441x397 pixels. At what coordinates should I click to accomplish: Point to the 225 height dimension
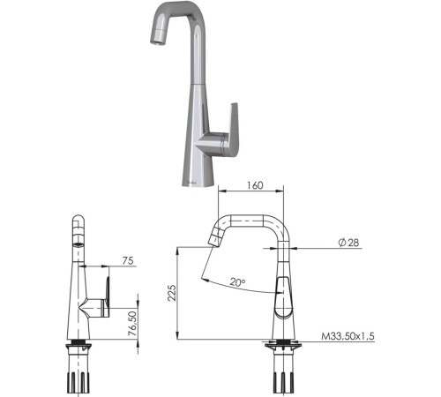[171, 291]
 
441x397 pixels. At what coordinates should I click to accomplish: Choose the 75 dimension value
[127, 260]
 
